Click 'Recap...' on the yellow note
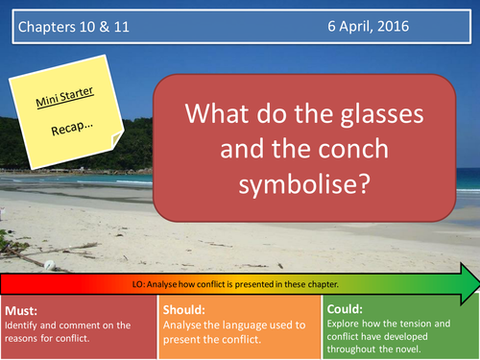point(88,122)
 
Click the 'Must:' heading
point(23,284)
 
